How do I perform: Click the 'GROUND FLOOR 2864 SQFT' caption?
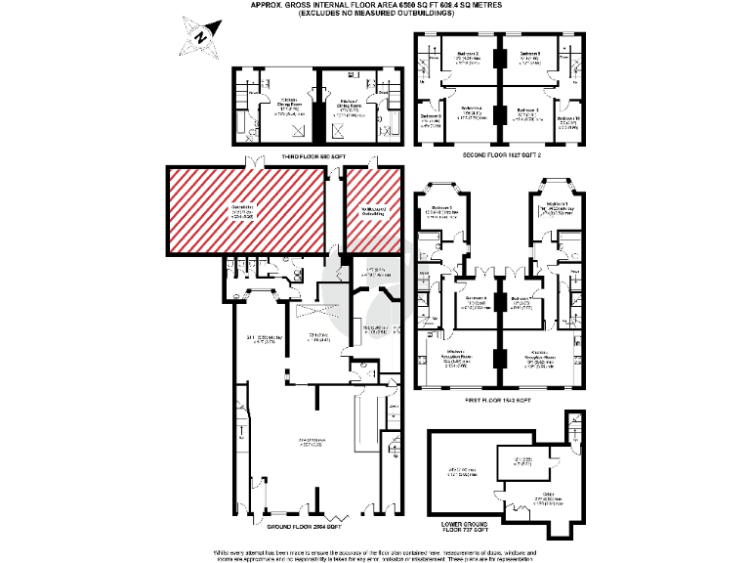(x=301, y=527)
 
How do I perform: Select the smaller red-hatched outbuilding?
(x=373, y=210)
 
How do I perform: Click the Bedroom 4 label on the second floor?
(x=471, y=110)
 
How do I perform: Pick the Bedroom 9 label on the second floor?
(x=431, y=117)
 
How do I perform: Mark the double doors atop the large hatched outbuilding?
(x=256, y=161)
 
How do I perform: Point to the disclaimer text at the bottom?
(x=375, y=553)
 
